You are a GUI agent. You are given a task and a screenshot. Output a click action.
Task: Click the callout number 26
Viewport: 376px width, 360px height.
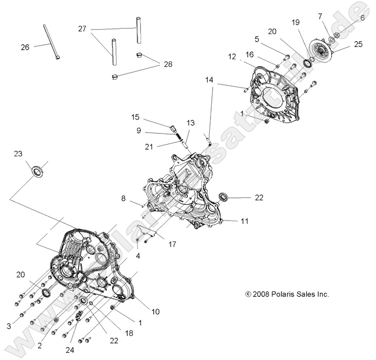tap(25, 47)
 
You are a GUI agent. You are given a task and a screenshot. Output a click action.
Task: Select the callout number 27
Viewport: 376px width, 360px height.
tap(82, 28)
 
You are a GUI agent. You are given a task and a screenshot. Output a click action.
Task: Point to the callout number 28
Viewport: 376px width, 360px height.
tap(167, 64)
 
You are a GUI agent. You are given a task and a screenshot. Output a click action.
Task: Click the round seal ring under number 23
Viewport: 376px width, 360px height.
tap(37, 171)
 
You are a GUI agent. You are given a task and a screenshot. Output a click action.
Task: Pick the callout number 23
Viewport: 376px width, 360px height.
tap(17, 154)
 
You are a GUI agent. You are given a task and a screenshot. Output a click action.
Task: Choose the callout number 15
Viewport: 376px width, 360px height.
tap(135, 117)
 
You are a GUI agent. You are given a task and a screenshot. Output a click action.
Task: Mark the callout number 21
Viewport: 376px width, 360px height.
tap(136, 146)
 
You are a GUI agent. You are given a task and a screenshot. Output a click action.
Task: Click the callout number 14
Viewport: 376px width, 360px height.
tap(209, 80)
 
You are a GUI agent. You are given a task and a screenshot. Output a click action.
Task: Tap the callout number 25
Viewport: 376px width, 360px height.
tap(358, 44)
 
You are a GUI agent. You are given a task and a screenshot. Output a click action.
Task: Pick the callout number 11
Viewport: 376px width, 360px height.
tap(244, 221)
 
